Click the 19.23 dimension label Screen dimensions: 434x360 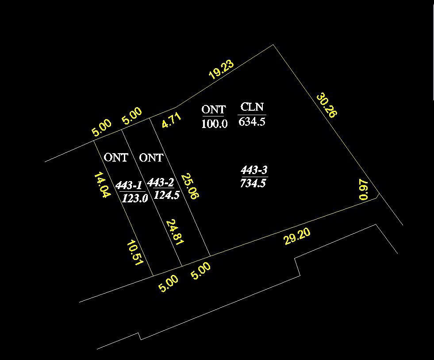coord(222,70)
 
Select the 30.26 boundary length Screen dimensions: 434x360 coord(327,105)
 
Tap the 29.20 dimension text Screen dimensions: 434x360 coord(297,236)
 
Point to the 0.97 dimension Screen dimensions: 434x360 coord(364,189)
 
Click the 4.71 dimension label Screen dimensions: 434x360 coord(172,120)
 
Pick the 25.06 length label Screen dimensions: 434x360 coord(190,186)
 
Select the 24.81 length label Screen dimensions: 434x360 coord(175,232)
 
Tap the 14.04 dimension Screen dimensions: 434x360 coord(102,185)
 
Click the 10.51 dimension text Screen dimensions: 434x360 coord(135,253)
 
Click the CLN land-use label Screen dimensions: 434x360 coord(252,107)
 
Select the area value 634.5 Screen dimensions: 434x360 coord(252,121)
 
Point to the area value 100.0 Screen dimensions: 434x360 coord(214,124)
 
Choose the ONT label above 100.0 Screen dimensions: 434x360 coord(214,109)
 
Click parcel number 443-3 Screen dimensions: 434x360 coord(254,170)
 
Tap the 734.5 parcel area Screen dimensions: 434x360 coord(253,183)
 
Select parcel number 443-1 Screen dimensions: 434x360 coord(129,185)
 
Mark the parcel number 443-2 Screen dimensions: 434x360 coord(161,182)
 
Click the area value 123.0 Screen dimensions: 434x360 coord(135,198)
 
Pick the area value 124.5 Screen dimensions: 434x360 coord(167,195)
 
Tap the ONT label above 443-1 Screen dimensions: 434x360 coord(116,158)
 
